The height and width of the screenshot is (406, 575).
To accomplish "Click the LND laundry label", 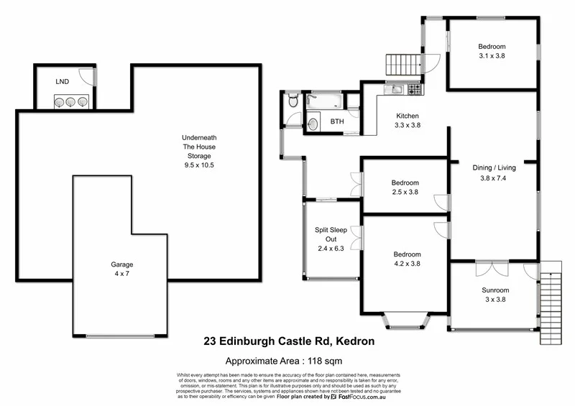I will (x=63, y=82).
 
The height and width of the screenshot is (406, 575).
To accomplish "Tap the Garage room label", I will (x=121, y=264).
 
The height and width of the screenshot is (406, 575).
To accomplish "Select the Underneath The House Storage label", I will (x=198, y=146).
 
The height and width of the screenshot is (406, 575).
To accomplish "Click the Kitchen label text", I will (x=408, y=116).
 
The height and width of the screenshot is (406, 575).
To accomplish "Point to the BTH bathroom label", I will (x=337, y=122).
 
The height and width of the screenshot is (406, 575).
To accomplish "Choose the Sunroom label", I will (x=495, y=290).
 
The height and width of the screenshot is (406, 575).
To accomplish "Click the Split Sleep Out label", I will (x=331, y=235).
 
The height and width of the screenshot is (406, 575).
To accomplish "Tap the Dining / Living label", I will (x=494, y=168).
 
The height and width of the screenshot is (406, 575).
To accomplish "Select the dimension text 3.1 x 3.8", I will (x=493, y=55).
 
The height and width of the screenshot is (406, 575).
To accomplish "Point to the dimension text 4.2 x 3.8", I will (x=406, y=264).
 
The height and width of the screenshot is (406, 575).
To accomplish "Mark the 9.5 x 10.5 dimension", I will (x=198, y=165).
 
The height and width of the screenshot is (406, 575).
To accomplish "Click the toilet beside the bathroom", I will (x=291, y=103).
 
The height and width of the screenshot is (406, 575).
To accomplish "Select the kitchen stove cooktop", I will (x=415, y=91).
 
